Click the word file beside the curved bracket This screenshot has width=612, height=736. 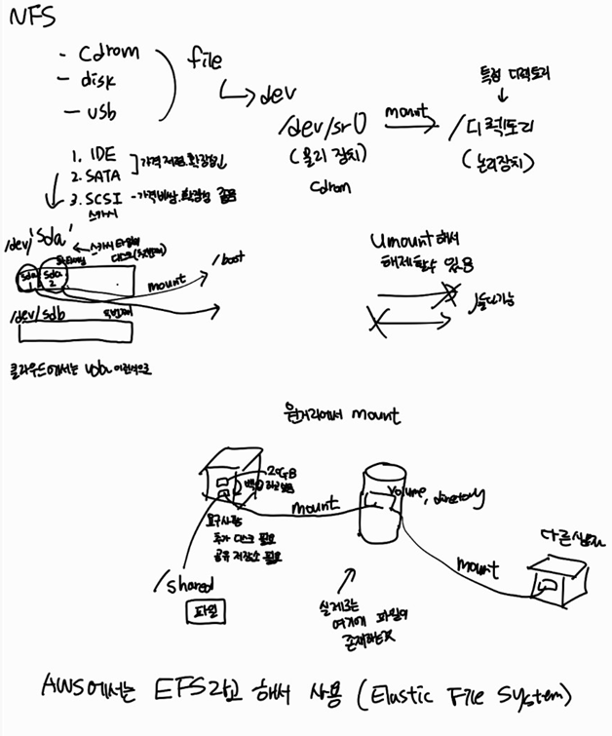pyautogui.click(x=205, y=60)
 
